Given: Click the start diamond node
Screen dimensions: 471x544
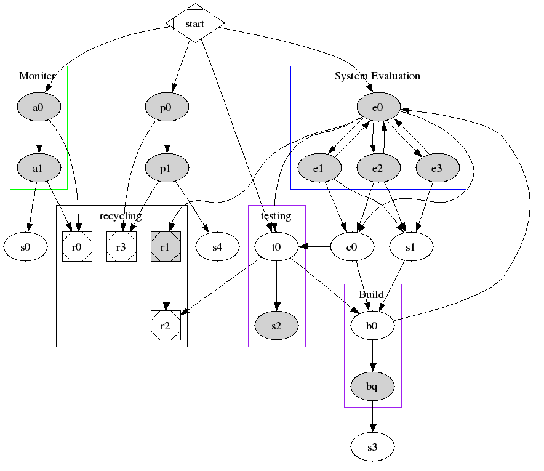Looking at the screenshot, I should (195, 23).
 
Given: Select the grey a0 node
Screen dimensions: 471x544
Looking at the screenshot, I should (38, 108).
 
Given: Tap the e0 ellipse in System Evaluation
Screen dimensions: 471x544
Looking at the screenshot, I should (378, 108).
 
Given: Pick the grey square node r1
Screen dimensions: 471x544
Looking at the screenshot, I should (166, 247).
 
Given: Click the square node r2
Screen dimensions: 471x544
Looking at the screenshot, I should (166, 326).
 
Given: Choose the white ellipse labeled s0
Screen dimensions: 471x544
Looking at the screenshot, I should (25, 247).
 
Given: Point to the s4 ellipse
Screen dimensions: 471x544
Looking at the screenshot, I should (217, 247).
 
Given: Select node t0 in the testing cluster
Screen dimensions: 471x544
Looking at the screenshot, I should (276, 247).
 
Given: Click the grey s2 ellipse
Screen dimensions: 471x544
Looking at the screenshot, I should (276, 326).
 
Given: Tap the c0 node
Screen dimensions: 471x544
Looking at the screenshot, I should (353, 247).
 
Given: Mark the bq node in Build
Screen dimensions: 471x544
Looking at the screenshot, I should (372, 386).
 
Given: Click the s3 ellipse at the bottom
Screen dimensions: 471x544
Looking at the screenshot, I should (372, 447).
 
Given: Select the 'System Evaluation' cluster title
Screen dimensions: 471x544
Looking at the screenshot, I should (377, 76).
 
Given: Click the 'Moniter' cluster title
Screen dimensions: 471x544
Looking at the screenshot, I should (38, 76).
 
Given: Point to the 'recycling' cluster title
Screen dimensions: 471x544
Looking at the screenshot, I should (121, 215).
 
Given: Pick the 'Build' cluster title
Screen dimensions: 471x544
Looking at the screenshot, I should (371, 294).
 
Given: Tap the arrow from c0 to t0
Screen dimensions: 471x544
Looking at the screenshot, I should (314, 247).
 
